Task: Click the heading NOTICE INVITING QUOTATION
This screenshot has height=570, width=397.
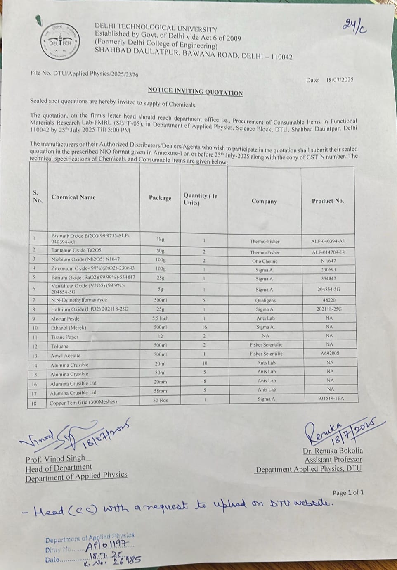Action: [195, 91]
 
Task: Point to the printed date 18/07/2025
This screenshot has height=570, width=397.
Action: [340, 80]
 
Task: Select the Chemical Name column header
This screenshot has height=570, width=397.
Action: [73, 197]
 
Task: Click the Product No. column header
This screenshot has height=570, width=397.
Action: [328, 201]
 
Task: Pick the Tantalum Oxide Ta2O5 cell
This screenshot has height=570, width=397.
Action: [76, 250]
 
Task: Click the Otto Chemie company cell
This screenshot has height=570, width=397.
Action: [265, 261]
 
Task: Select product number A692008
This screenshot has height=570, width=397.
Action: [329, 354]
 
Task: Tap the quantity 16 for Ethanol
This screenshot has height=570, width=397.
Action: [204, 327]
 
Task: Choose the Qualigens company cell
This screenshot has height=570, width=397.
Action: [265, 300]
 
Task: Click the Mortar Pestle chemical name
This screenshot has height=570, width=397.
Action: [65, 318]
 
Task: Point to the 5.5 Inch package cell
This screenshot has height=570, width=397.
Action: [160, 318]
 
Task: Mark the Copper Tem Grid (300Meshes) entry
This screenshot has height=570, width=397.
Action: [83, 402]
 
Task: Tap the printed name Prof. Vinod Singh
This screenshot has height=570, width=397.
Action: [55, 458]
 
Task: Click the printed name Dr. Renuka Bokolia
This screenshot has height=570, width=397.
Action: [333, 451]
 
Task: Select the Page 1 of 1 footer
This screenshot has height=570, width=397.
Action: [348, 493]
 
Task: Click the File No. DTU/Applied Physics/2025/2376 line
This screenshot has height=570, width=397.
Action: [85, 74]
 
